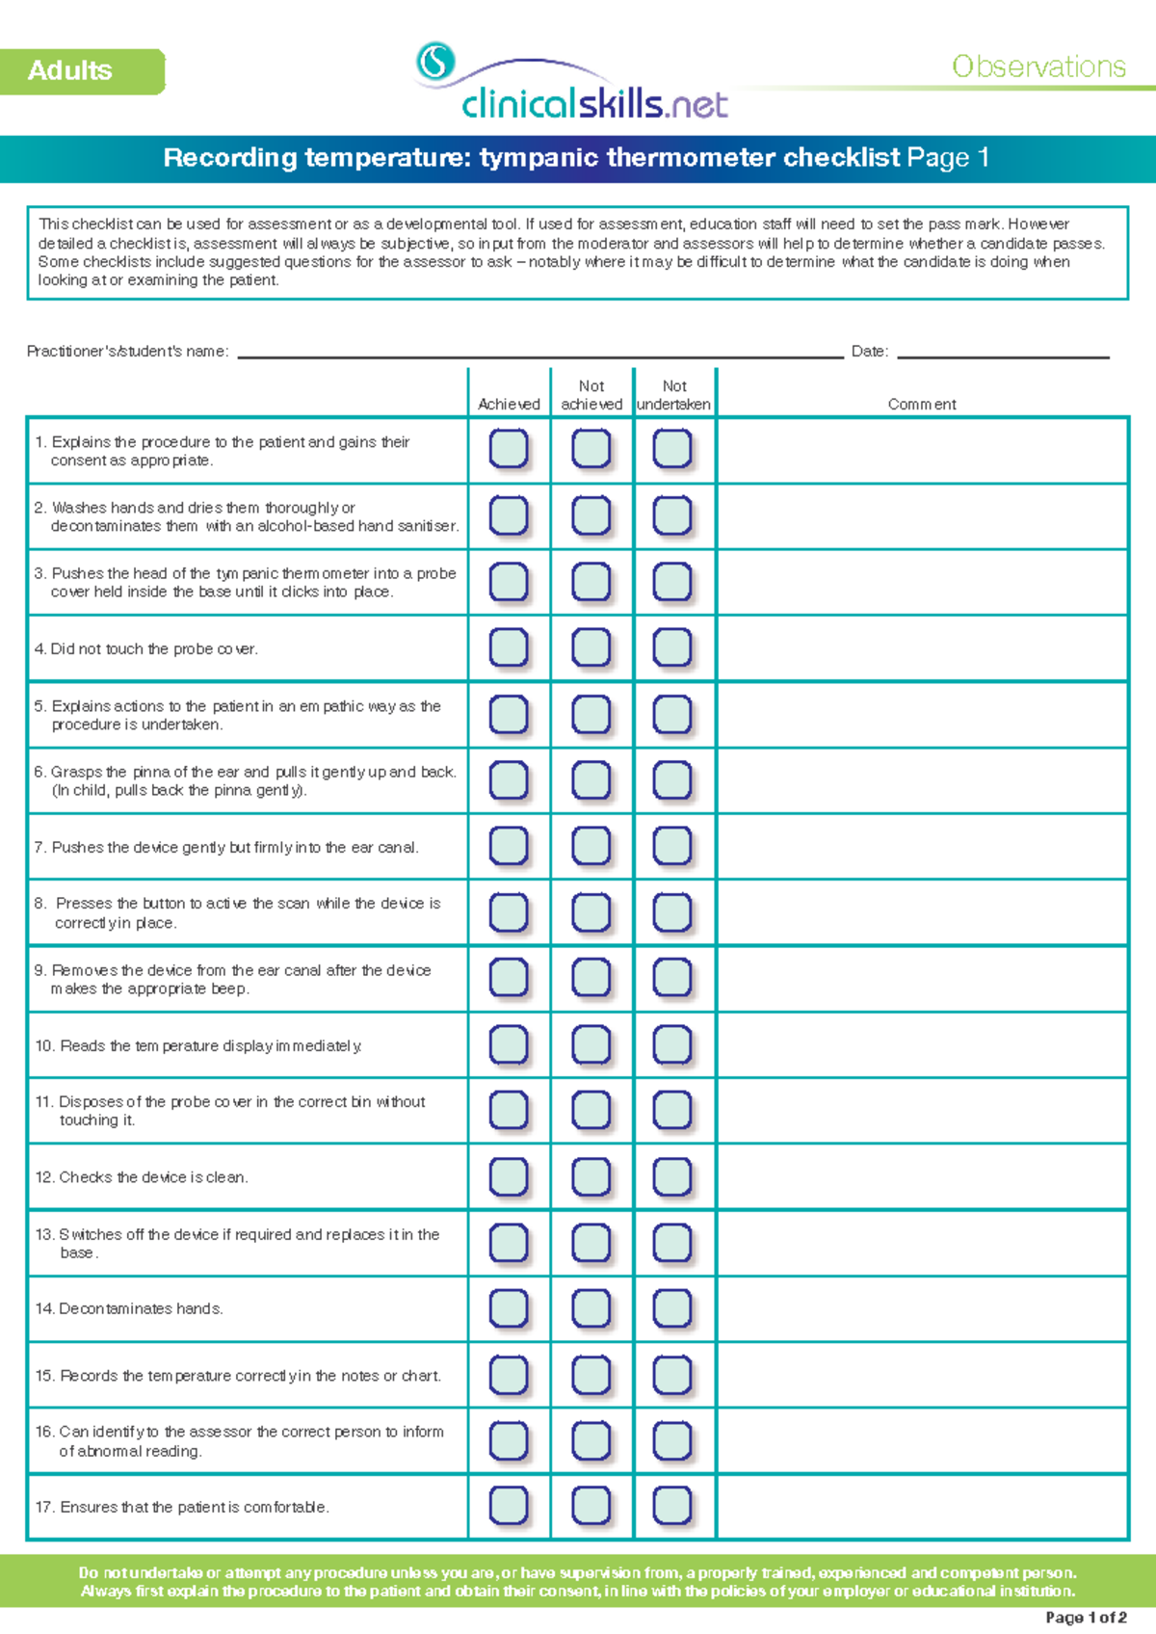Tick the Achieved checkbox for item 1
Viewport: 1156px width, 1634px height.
509,449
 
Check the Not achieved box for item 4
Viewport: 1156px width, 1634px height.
591,647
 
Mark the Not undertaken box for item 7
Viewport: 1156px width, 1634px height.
672,846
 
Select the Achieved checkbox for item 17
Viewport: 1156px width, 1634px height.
509,1506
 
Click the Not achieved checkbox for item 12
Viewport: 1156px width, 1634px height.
591,1176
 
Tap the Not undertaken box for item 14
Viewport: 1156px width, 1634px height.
672,1308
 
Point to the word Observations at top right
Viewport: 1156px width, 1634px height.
1038,66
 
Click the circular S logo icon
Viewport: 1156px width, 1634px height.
435,62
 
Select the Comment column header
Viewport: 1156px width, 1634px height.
922,405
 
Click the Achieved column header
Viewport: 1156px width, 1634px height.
509,405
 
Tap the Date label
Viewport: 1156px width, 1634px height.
869,352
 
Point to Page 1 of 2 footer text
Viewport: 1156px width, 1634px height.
1086,1618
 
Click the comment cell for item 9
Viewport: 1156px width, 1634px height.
922,979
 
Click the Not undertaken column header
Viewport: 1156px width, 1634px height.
674,395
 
